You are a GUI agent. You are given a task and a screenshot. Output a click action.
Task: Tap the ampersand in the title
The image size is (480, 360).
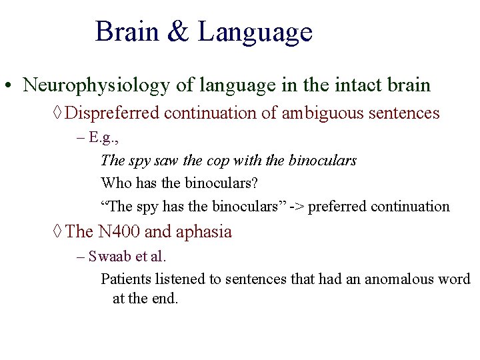click(x=179, y=32)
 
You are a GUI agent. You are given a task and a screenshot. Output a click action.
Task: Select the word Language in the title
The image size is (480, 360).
click(x=255, y=33)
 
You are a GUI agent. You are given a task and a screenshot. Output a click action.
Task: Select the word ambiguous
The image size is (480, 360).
click(x=321, y=113)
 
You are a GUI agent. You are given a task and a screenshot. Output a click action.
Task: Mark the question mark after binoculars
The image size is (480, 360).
click(x=254, y=183)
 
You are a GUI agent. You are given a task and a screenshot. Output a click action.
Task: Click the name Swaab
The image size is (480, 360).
click(x=107, y=257)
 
